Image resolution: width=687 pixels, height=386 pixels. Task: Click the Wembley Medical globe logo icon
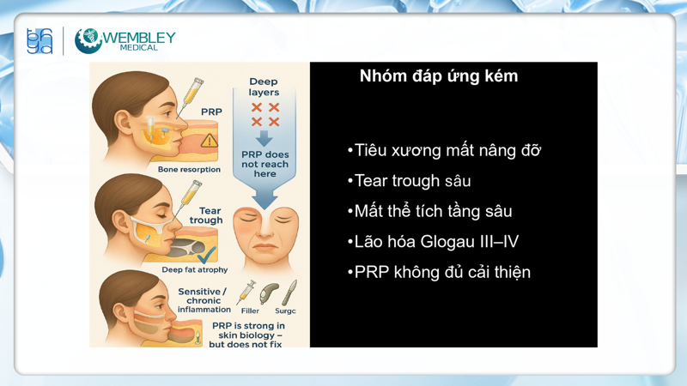click(88, 40)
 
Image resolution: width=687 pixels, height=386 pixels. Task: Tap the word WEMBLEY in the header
click(139, 37)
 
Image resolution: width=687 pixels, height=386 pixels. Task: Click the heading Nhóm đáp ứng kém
click(439, 76)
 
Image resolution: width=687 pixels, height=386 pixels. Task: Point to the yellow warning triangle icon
click(209, 141)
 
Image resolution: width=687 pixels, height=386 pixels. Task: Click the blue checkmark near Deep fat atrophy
click(206, 255)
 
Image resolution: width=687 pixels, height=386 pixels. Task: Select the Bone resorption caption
click(189, 170)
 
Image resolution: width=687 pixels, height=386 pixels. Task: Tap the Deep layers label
click(264, 87)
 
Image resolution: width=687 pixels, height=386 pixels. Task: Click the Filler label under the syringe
click(249, 311)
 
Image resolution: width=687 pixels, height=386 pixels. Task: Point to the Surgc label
click(285, 311)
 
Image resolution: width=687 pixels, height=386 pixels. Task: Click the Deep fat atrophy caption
click(195, 270)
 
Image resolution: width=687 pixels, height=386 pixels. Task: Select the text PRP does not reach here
click(264, 164)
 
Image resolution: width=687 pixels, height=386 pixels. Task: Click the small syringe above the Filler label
click(249, 291)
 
